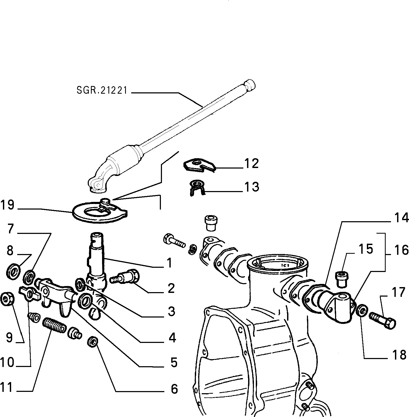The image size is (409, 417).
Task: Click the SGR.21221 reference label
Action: coord(102,90)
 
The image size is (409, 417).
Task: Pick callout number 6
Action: coord(174,389)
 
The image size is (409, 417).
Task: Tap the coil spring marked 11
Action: coord(54,325)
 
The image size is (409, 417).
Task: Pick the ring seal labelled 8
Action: coord(13,270)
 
